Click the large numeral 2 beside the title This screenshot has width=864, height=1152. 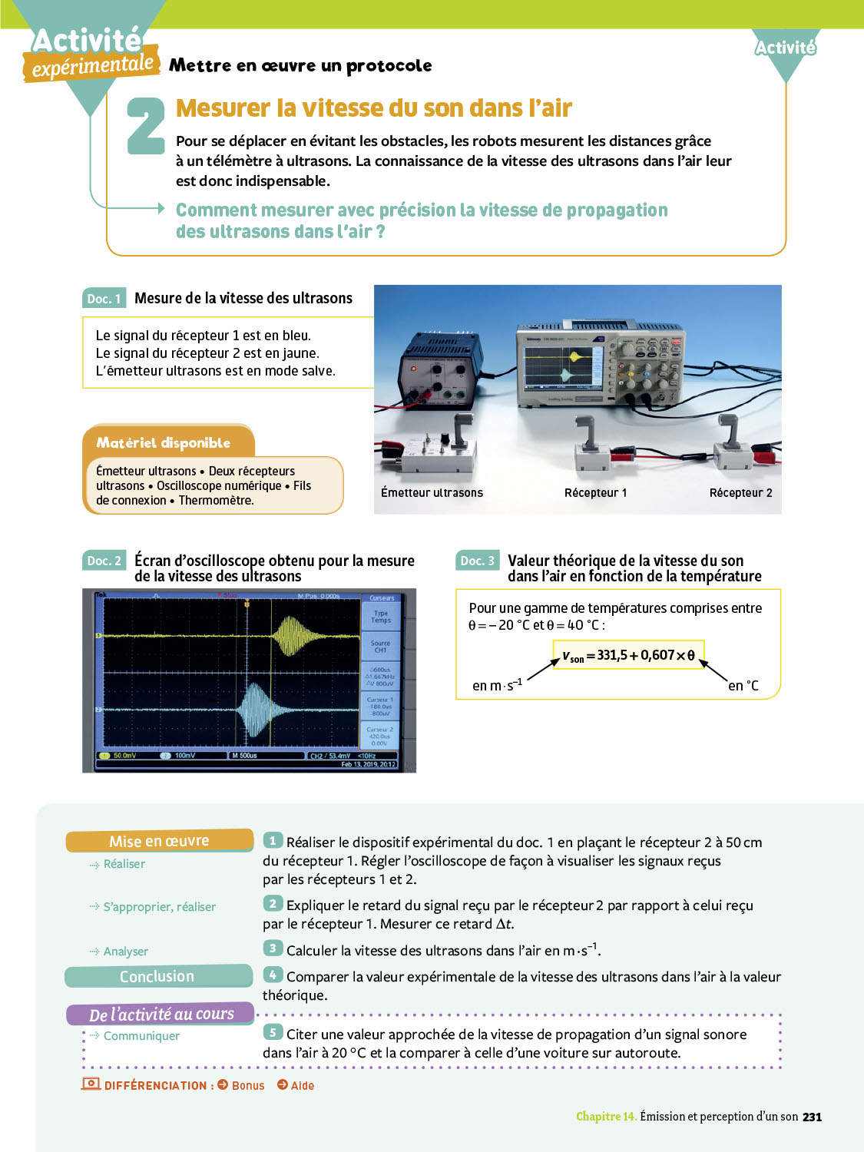coord(146,125)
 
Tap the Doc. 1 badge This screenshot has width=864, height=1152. coord(104,299)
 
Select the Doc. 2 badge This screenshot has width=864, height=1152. coord(104,561)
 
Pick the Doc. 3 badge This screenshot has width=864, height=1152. coord(477,561)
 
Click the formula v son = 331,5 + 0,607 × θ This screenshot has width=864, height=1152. coord(628,655)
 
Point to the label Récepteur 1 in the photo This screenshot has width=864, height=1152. coord(595,493)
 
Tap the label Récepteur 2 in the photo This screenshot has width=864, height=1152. coord(740,493)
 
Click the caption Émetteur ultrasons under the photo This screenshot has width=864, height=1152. coord(432,493)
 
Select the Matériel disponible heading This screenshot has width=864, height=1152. coord(164,442)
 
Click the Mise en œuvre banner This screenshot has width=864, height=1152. coord(159,841)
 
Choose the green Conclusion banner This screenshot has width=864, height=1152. coord(157,976)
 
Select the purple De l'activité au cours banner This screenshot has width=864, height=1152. coord(161,1014)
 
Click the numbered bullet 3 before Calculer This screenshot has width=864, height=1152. coord(273,948)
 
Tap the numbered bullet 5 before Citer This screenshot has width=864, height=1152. coord(273,1033)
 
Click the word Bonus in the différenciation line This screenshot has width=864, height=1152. coord(247,1085)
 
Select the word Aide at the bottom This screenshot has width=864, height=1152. coord(303,1085)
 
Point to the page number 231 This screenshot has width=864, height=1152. coord(812,1117)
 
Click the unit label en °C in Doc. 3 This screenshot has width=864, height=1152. coord(743,686)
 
